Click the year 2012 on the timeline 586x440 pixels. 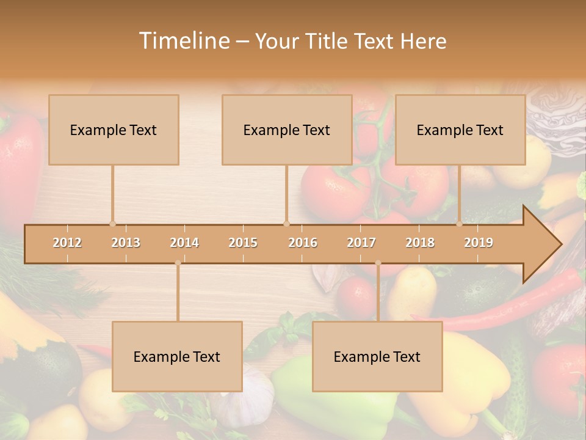pos(67,243)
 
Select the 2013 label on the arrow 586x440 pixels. pos(126,243)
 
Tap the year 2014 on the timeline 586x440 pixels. pos(184,243)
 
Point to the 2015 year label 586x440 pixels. pos(243,243)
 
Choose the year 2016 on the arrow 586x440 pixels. pos(303,243)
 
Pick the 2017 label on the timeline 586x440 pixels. pos(361,243)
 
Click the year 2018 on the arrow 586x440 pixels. pos(420,243)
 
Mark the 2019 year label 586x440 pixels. pos(479,243)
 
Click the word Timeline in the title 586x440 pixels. pos(183,41)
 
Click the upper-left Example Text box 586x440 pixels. pos(114,130)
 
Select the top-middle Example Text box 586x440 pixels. pos(287,130)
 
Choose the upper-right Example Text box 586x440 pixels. pos(460,130)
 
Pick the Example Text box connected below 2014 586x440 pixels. pos(177,356)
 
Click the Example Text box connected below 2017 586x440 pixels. pos(377,356)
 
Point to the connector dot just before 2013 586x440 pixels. pos(112,224)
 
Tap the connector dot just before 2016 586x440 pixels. pos(286,224)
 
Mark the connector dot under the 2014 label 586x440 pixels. pos(178,263)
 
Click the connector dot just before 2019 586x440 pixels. pos(460,224)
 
